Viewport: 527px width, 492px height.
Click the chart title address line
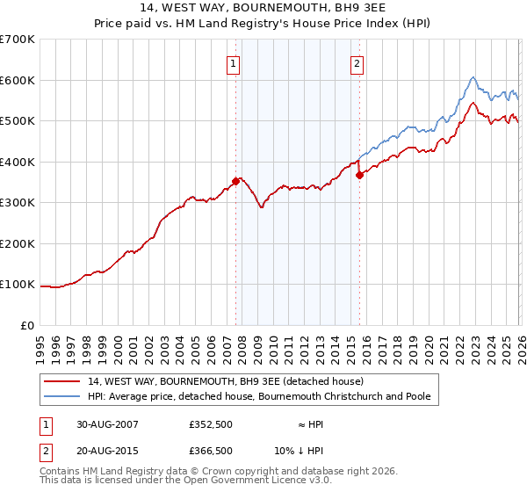263,8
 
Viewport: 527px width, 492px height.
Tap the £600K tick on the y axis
18,80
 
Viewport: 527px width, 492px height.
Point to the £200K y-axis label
18,243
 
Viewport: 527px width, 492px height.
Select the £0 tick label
28,326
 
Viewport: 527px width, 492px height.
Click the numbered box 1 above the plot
235,62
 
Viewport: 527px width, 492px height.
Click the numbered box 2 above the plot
358,62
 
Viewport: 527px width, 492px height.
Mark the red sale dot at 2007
235,181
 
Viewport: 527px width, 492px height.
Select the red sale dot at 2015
359,176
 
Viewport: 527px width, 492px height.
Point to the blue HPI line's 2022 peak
473,77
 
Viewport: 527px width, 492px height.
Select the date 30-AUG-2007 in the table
107,424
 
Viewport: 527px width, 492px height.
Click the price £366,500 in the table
211,451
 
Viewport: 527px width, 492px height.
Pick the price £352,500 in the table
211,424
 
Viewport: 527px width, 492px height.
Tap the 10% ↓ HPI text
311,451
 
